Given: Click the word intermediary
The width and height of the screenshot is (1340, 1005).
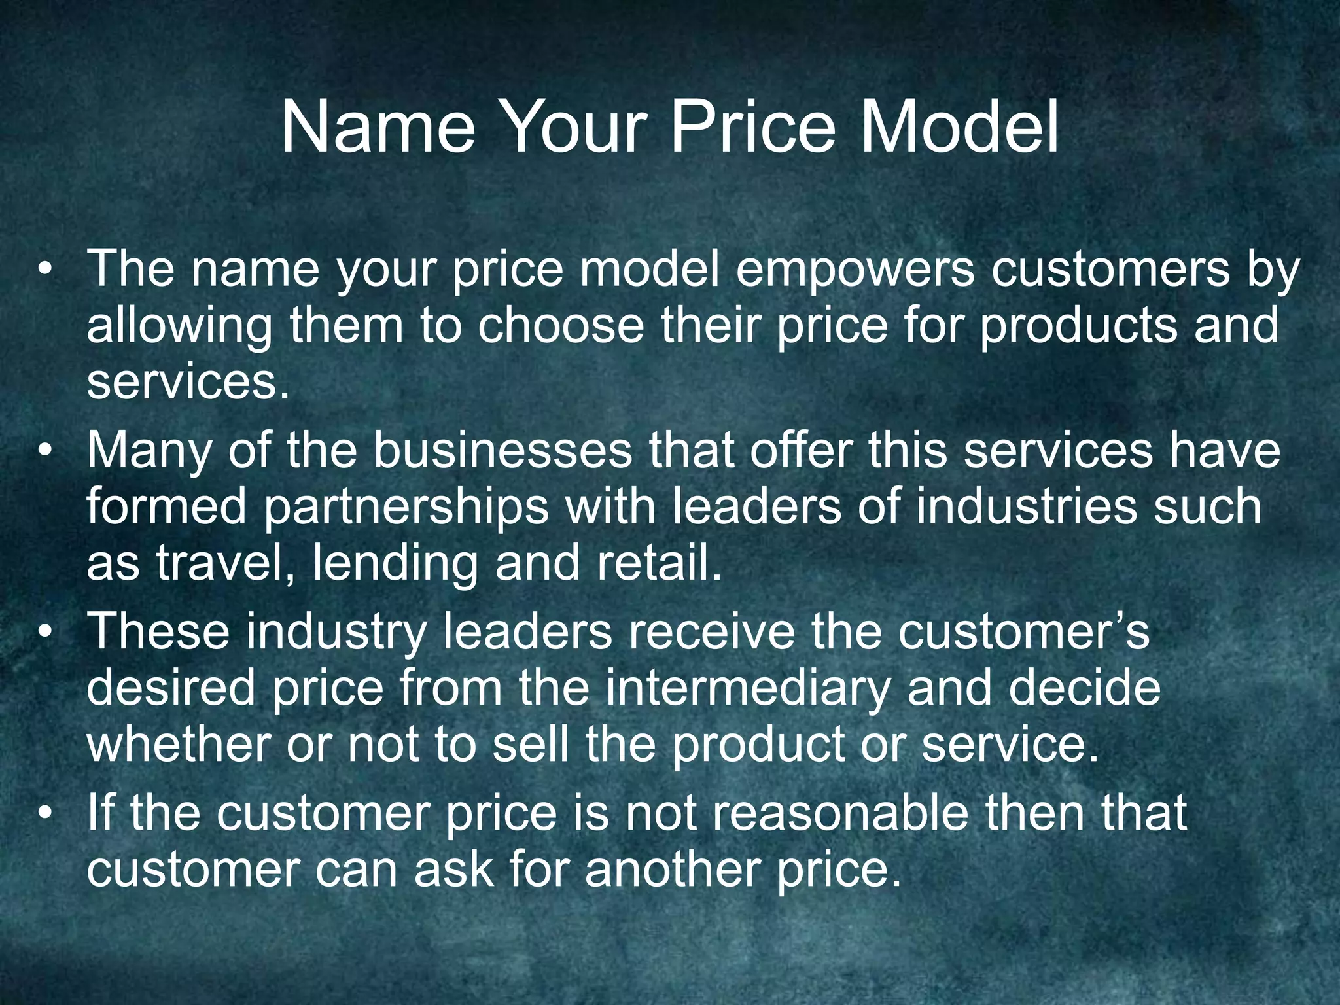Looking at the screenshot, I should [748, 688].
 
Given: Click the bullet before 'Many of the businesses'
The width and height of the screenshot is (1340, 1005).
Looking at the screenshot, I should [44, 451].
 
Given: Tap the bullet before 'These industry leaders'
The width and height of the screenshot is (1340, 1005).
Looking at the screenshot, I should [44, 632].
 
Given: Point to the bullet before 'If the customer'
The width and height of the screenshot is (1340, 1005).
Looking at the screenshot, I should [44, 813].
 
